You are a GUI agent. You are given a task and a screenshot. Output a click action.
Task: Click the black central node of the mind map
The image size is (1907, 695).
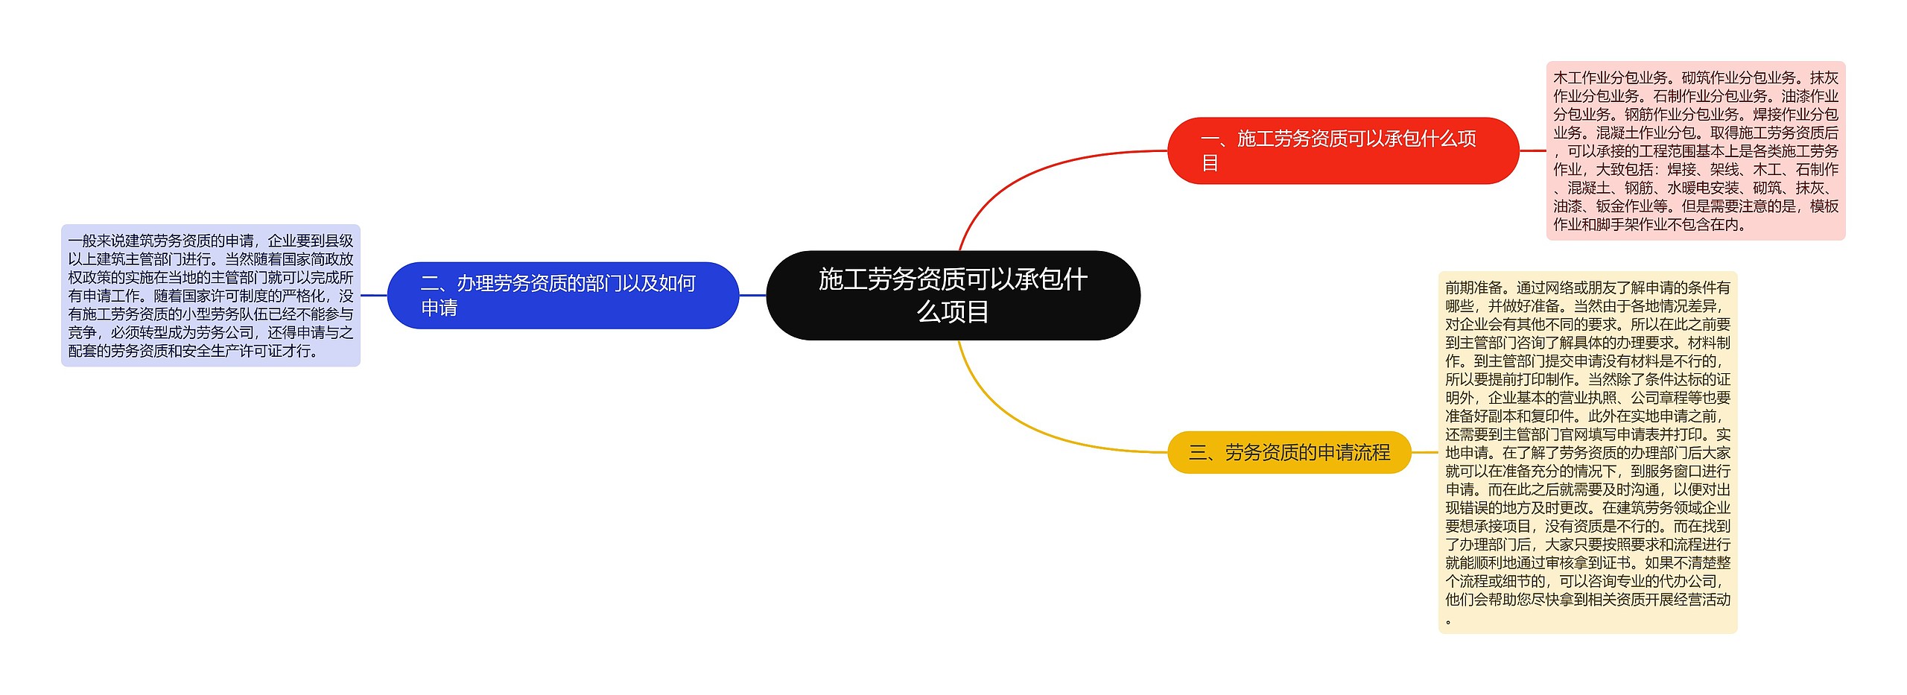pos(953,295)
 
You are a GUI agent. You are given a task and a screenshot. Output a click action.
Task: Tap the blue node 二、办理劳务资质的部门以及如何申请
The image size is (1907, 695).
pos(562,295)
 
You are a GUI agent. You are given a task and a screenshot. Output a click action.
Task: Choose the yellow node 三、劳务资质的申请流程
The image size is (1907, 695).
pos(1289,452)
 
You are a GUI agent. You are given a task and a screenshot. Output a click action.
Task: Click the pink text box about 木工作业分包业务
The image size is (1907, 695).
pos(1695,150)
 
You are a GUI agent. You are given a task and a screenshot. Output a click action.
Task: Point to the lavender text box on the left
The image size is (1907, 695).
pos(210,295)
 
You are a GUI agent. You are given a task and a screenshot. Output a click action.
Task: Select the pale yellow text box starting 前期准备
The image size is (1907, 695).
pos(1587,452)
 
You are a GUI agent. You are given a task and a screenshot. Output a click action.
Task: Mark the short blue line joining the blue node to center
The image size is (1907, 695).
pos(752,295)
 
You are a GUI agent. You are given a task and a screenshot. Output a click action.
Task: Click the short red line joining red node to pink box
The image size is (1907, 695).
pos(1532,150)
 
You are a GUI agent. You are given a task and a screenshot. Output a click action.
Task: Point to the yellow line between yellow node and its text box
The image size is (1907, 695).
pos(1424,452)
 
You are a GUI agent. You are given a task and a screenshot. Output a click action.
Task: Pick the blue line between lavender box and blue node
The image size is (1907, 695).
pos(373,295)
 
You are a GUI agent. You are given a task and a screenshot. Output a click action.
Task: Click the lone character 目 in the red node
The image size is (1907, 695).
pos(1210,163)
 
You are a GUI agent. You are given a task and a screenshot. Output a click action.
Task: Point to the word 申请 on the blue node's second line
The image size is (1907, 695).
pos(440,308)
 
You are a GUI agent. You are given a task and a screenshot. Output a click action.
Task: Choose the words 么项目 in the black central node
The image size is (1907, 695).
pos(953,311)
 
